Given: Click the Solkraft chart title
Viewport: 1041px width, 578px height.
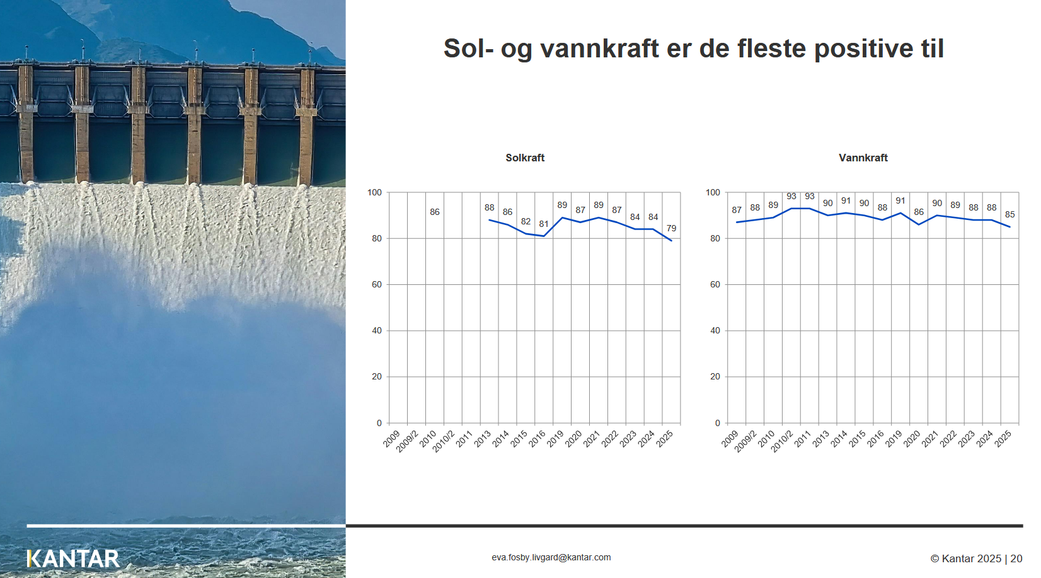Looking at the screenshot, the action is (x=525, y=158).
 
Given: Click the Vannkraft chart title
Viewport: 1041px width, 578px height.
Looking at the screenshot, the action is (x=863, y=158).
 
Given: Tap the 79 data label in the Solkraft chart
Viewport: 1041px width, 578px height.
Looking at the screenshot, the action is (x=671, y=228).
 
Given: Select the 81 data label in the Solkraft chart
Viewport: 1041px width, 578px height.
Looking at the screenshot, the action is (x=544, y=224).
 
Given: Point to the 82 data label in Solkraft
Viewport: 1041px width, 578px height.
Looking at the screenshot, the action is (x=526, y=221).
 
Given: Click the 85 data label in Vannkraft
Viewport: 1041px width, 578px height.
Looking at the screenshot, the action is (x=1009, y=214).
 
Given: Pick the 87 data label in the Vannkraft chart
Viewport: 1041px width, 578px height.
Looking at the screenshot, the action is (x=737, y=210).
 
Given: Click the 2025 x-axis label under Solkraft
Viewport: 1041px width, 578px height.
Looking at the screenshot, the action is (x=665, y=439).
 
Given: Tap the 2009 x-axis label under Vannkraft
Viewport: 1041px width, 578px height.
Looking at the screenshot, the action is (x=730, y=439).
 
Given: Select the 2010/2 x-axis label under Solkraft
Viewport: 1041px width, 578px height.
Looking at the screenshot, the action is (x=444, y=441).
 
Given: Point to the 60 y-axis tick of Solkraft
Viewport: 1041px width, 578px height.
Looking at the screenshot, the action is (x=376, y=284).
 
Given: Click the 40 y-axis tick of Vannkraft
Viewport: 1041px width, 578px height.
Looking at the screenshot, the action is (x=715, y=331).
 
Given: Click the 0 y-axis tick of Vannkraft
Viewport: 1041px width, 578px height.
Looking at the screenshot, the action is (x=718, y=423).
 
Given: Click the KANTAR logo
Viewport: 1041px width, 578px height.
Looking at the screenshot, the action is (x=73, y=558).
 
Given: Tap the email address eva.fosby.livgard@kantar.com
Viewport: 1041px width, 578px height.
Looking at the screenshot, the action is (x=551, y=557).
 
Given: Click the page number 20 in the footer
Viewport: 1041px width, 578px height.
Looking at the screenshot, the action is (x=1016, y=558).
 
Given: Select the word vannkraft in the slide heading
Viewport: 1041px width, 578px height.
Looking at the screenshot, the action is (x=599, y=49).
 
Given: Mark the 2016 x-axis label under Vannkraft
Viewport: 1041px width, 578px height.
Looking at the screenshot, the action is (x=875, y=439).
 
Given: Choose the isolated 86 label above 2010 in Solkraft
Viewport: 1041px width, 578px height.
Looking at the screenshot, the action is (x=435, y=212).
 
